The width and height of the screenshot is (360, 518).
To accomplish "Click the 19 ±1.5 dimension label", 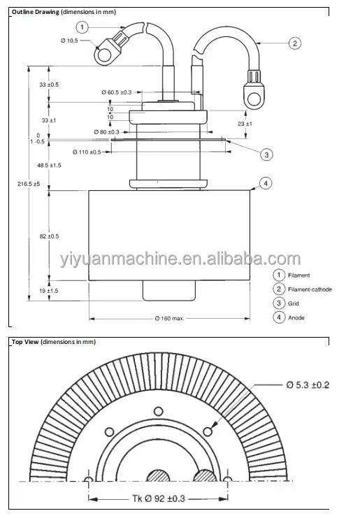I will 49,290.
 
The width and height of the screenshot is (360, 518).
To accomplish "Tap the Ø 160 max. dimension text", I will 169,319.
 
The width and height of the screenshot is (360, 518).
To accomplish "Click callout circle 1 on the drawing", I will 82,28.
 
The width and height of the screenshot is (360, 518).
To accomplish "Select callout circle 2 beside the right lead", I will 295,43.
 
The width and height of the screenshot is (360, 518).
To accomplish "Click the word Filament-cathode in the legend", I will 309,289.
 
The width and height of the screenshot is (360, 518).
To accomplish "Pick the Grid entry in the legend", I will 294,303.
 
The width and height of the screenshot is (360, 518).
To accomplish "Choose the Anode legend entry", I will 296,317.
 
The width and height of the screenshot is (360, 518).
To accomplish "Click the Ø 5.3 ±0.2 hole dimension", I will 308,384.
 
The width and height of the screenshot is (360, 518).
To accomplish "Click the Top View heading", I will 25,342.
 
